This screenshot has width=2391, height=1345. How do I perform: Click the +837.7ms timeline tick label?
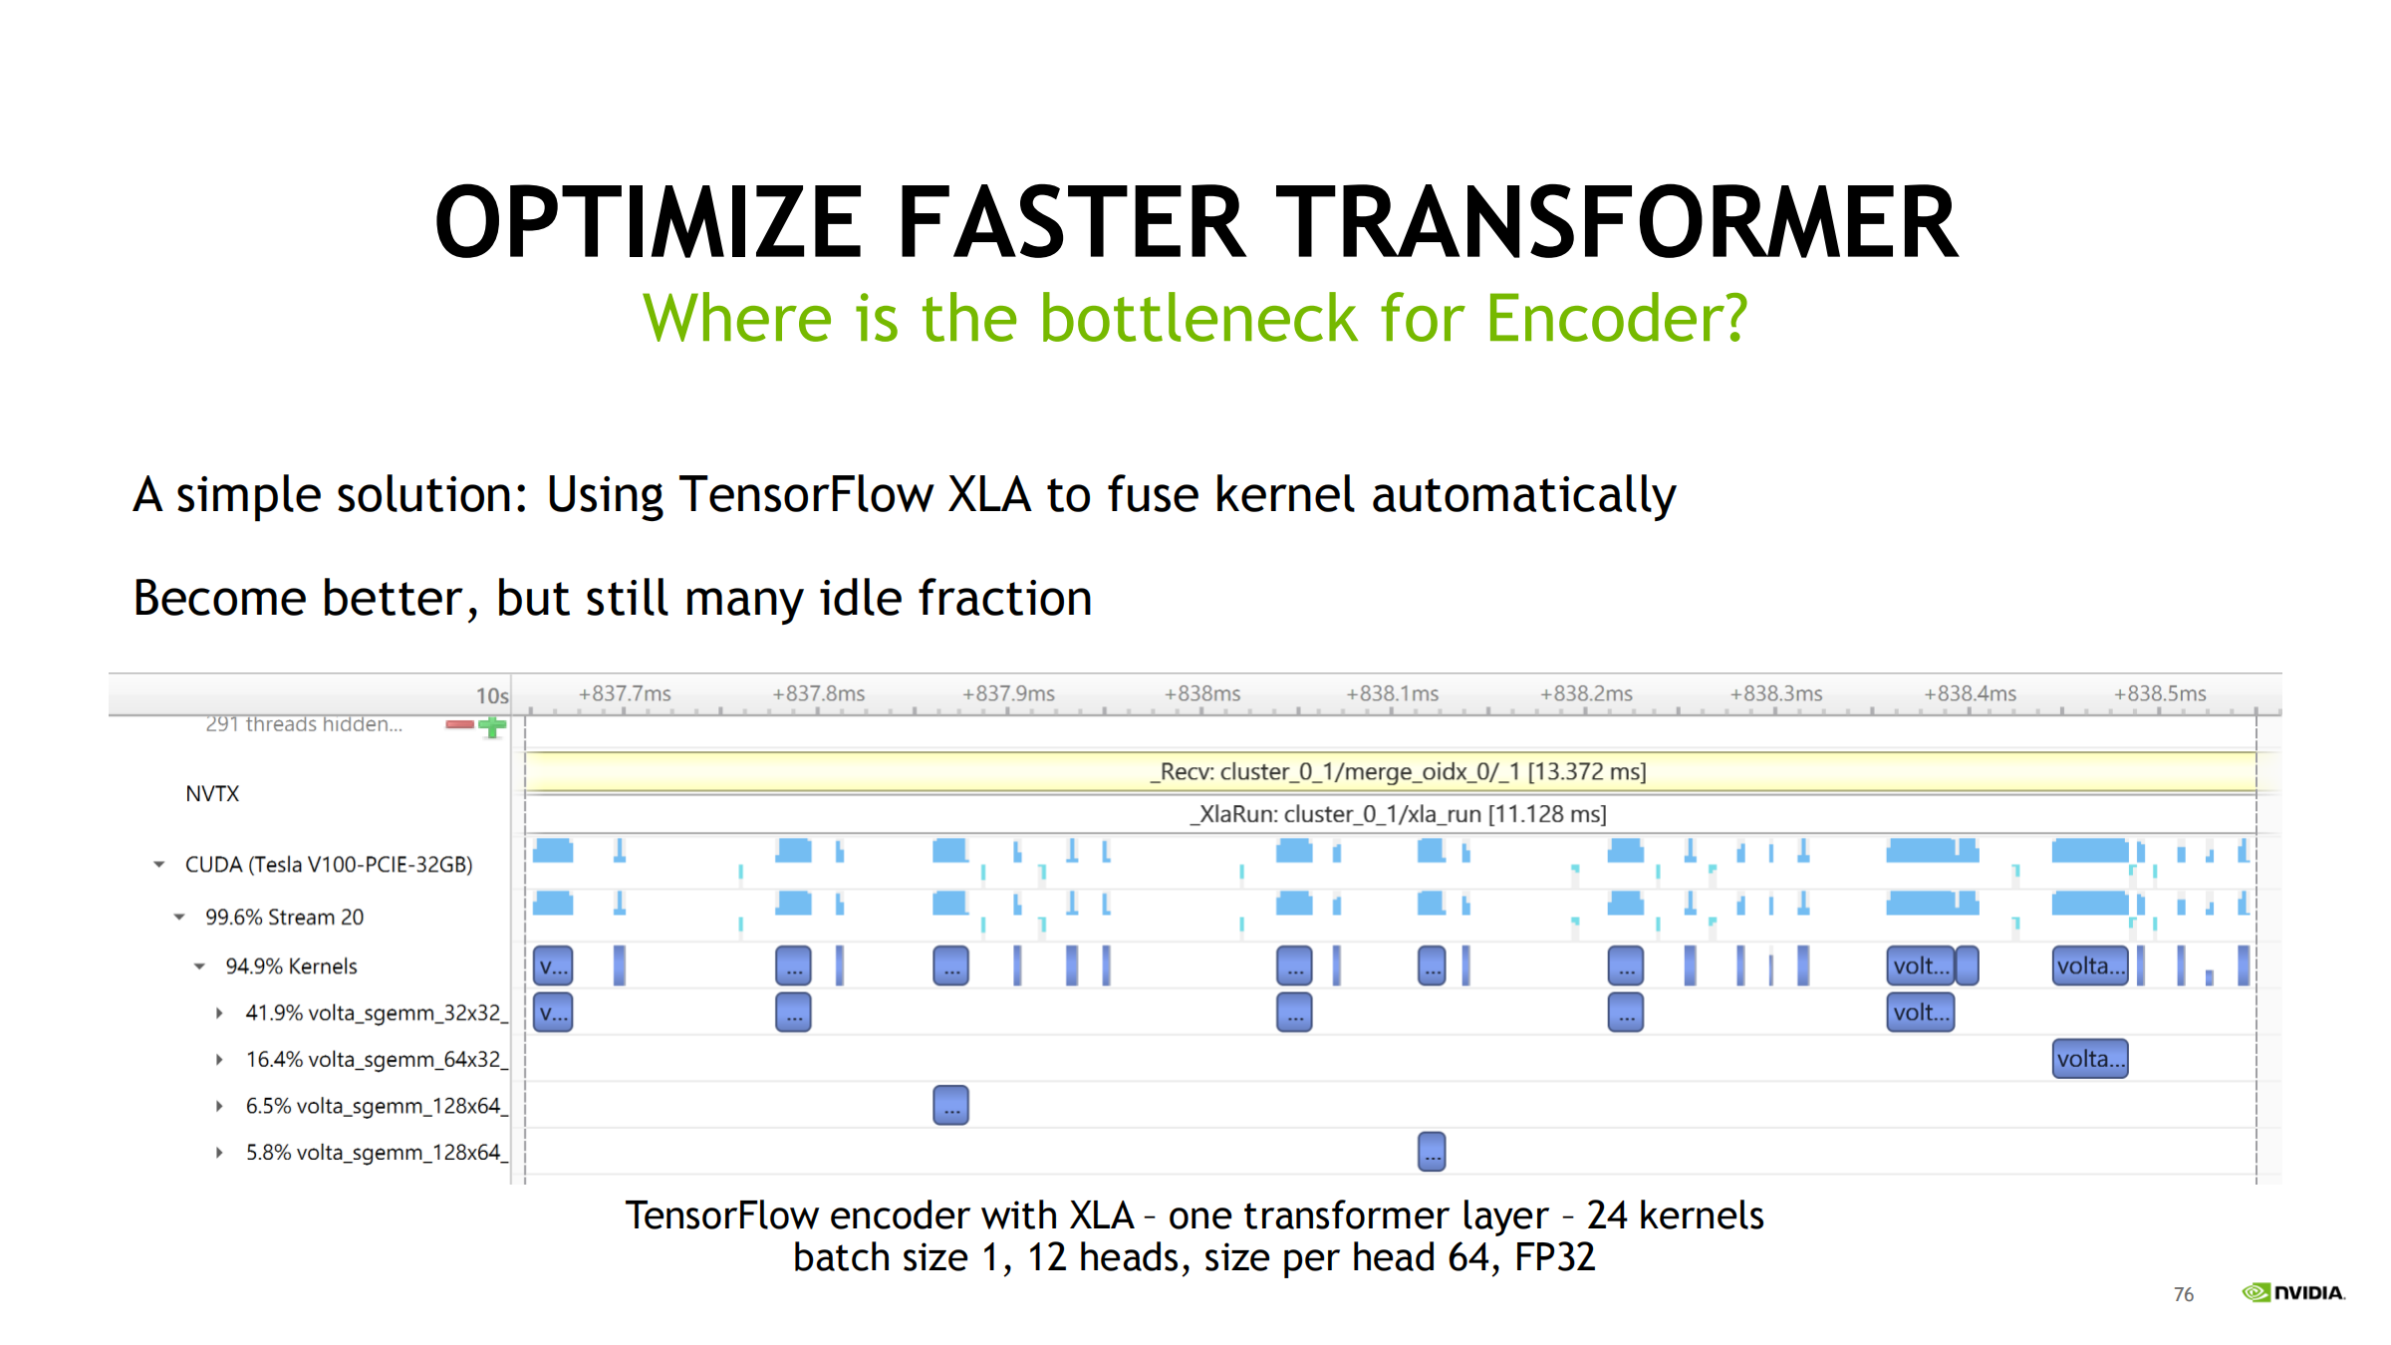point(625,693)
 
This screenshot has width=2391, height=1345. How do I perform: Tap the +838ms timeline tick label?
point(1202,693)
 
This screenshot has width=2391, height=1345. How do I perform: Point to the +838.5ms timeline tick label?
point(2160,693)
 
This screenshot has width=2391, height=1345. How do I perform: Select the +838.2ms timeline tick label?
point(1586,693)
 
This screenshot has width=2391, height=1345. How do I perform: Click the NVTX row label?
point(212,793)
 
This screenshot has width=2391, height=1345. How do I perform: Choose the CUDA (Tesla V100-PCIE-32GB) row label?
point(329,865)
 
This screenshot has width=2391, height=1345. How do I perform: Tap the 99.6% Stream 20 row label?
point(284,917)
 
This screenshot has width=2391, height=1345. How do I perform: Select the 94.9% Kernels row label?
point(291,966)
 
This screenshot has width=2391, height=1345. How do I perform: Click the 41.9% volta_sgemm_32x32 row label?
point(377,1013)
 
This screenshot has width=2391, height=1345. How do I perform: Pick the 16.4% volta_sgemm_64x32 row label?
point(377,1059)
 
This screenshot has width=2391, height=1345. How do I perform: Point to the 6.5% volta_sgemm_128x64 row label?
point(377,1106)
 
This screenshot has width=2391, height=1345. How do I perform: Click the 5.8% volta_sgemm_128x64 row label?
point(377,1153)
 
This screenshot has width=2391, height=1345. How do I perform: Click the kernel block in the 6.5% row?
point(950,1105)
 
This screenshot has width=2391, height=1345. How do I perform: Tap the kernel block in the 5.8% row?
point(1432,1152)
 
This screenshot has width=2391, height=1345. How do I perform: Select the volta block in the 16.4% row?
point(2090,1059)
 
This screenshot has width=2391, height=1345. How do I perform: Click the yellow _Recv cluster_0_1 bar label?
point(1398,771)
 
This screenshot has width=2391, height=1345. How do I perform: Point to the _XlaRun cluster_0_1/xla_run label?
point(1398,814)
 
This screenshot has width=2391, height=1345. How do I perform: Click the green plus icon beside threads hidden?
point(492,726)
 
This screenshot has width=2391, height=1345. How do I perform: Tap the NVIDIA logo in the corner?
point(2293,1292)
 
